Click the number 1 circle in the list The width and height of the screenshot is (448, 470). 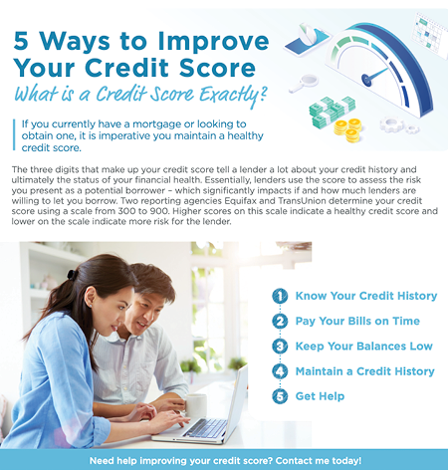280,296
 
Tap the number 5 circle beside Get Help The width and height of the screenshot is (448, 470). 280,396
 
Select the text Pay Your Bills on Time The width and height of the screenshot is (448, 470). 357,322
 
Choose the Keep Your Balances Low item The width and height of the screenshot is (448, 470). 364,347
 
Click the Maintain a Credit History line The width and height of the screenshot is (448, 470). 365,371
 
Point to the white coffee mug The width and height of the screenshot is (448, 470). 195,405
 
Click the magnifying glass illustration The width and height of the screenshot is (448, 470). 304,83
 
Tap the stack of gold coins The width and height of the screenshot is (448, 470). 347,130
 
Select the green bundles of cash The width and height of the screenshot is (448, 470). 331,112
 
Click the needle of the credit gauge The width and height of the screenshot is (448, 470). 375,76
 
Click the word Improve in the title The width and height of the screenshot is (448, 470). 213,42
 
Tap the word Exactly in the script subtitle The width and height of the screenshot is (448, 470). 232,95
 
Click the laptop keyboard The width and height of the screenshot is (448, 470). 206,428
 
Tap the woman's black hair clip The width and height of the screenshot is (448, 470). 72,275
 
